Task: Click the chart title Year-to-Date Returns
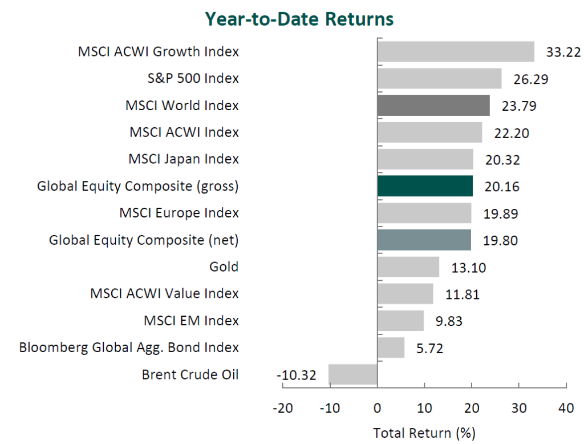tap(299, 19)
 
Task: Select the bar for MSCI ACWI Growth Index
tap(456, 52)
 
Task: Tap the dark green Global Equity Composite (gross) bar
tap(425, 186)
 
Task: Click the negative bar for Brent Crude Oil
tap(352, 374)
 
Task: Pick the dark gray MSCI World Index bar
tap(433, 106)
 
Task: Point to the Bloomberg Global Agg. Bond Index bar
tap(391, 348)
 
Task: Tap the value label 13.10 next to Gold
tap(467, 267)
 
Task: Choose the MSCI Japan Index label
tap(184, 159)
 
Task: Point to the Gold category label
tap(224, 267)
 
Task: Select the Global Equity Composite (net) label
tap(144, 240)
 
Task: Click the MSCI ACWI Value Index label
tap(165, 294)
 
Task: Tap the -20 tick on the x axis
tap(282, 409)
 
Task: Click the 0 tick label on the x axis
tap(377, 409)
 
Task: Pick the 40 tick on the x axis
tap(565, 409)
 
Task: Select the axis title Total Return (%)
tap(424, 432)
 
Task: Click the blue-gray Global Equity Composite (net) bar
tap(424, 240)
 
